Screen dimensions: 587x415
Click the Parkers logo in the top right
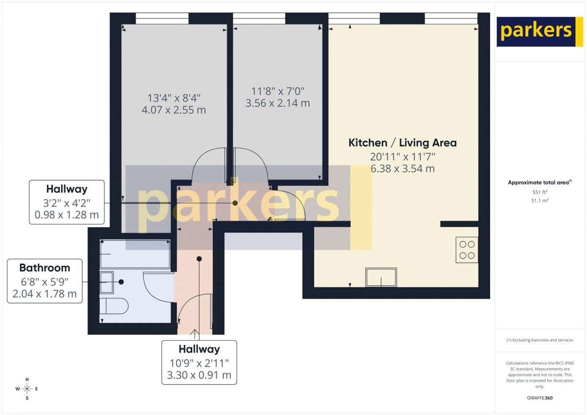coord(536,32)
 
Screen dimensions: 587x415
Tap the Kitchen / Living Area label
coord(403,143)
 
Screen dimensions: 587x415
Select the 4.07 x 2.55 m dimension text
coord(174,110)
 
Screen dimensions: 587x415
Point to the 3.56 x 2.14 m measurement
coord(278,103)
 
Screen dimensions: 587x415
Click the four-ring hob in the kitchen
coord(467,250)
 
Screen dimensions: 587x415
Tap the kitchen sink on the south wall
coord(381,277)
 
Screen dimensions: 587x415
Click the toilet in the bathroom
coord(114,306)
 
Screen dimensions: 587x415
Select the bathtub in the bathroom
coord(135,254)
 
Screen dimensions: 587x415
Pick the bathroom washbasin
coord(107,282)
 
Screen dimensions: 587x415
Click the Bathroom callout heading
coord(45,268)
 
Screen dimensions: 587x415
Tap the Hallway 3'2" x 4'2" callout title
coord(67,189)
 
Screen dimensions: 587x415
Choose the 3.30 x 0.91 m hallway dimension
coord(199,375)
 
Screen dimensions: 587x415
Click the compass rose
coord(27,389)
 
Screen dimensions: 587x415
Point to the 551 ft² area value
coord(540,192)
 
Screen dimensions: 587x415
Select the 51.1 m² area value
coord(540,201)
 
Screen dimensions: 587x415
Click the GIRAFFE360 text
coord(540,398)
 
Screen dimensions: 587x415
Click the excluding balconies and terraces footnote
coord(540,340)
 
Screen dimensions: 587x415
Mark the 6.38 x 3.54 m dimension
coord(403,168)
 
